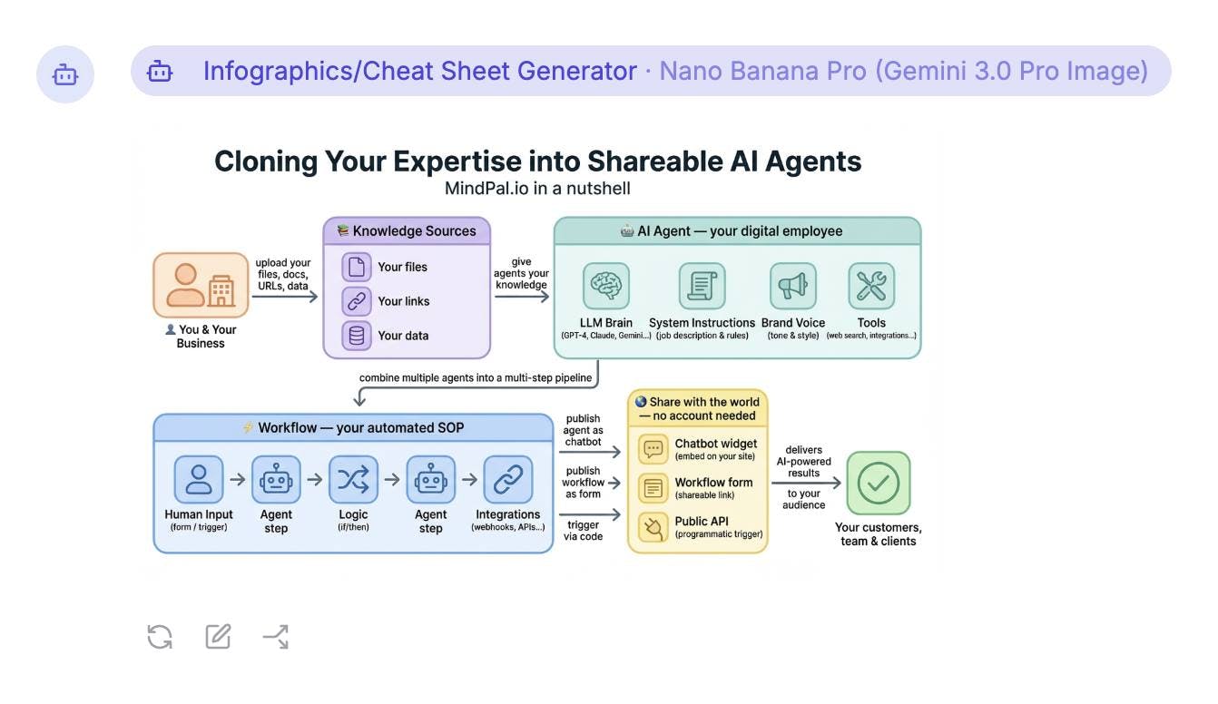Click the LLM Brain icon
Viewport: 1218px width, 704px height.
pos(605,286)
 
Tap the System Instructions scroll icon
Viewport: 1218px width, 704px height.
pos(702,286)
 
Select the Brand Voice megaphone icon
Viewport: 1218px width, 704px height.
pos(792,286)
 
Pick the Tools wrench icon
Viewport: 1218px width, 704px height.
pos(871,286)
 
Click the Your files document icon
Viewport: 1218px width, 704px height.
pos(357,267)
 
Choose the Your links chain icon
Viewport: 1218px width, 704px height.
pos(357,301)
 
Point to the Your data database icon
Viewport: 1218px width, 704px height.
pos(357,336)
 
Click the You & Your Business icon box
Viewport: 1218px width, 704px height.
pos(201,285)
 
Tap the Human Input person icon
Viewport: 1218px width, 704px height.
pos(199,479)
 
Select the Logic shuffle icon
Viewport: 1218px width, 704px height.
pos(352,479)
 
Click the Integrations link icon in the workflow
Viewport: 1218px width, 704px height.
pos(508,479)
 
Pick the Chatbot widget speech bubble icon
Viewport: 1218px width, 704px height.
pos(653,449)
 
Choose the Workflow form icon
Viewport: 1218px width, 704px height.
pos(653,488)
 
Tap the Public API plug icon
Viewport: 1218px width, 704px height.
pos(653,527)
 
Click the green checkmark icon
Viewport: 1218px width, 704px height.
pos(878,483)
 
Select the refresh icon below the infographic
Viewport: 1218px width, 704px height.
pos(160,637)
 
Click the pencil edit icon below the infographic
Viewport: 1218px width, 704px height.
pos(218,637)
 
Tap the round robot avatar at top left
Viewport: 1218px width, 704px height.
pos(65,74)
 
